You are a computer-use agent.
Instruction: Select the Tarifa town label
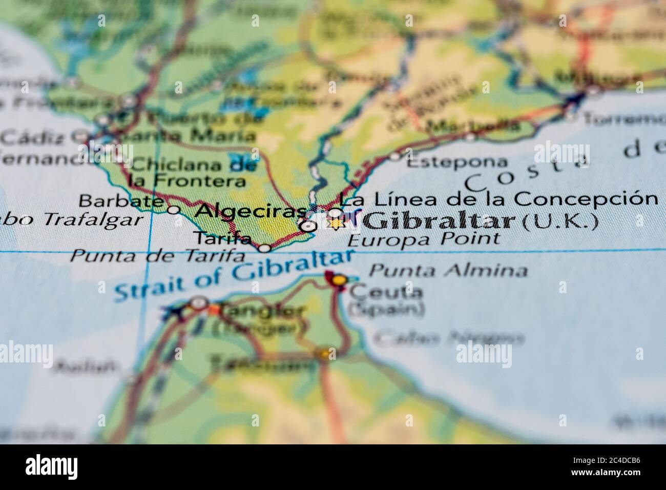coord(222,238)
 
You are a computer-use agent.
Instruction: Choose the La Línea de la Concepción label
coord(498,198)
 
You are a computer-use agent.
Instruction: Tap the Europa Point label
coord(423,239)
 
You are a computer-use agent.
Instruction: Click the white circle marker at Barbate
coord(174,209)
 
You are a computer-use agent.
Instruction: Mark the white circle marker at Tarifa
coord(264,249)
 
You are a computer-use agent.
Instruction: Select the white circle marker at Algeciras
coord(307,226)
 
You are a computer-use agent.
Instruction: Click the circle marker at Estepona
coord(395,156)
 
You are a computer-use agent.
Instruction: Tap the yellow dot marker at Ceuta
coord(338,280)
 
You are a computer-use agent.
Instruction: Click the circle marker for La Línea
coord(335,212)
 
